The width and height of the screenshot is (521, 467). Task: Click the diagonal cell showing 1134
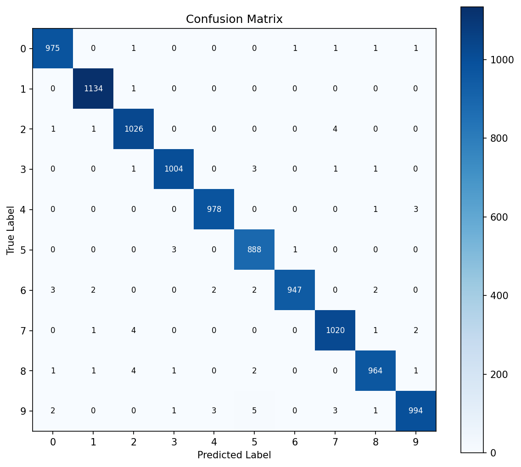pyautogui.click(x=93, y=89)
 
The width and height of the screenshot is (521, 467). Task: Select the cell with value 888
pyautogui.click(x=254, y=250)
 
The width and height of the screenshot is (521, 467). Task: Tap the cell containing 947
pyautogui.click(x=295, y=290)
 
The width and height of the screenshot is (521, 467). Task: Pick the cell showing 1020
pyautogui.click(x=335, y=330)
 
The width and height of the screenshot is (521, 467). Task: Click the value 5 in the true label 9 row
pyautogui.click(x=254, y=411)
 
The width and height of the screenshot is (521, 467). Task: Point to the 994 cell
pyautogui.click(x=415, y=411)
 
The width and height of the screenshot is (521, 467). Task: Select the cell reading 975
pyautogui.click(x=53, y=48)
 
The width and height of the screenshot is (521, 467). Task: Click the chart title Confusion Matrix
pyautogui.click(x=234, y=19)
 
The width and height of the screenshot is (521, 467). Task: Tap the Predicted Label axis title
pyautogui.click(x=234, y=455)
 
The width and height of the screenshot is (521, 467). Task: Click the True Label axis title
pyautogui.click(x=11, y=229)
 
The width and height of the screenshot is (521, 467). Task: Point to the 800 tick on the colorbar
pyautogui.click(x=499, y=139)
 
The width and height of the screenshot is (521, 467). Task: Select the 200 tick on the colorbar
pyautogui.click(x=499, y=374)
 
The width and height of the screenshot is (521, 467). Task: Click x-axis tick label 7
pyautogui.click(x=335, y=442)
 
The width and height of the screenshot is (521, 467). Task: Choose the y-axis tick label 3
pyautogui.click(x=23, y=169)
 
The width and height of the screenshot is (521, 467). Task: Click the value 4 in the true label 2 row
pyautogui.click(x=335, y=129)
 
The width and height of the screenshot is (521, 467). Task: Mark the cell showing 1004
pyautogui.click(x=174, y=169)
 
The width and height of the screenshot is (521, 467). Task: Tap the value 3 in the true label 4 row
pyautogui.click(x=415, y=209)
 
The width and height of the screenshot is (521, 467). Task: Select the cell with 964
pyautogui.click(x=375, y=370)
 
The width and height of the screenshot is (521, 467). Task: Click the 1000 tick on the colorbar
pyautogui.click(x=501, y=60)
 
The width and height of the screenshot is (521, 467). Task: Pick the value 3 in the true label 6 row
pyautogui.click(x=53, y=290)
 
